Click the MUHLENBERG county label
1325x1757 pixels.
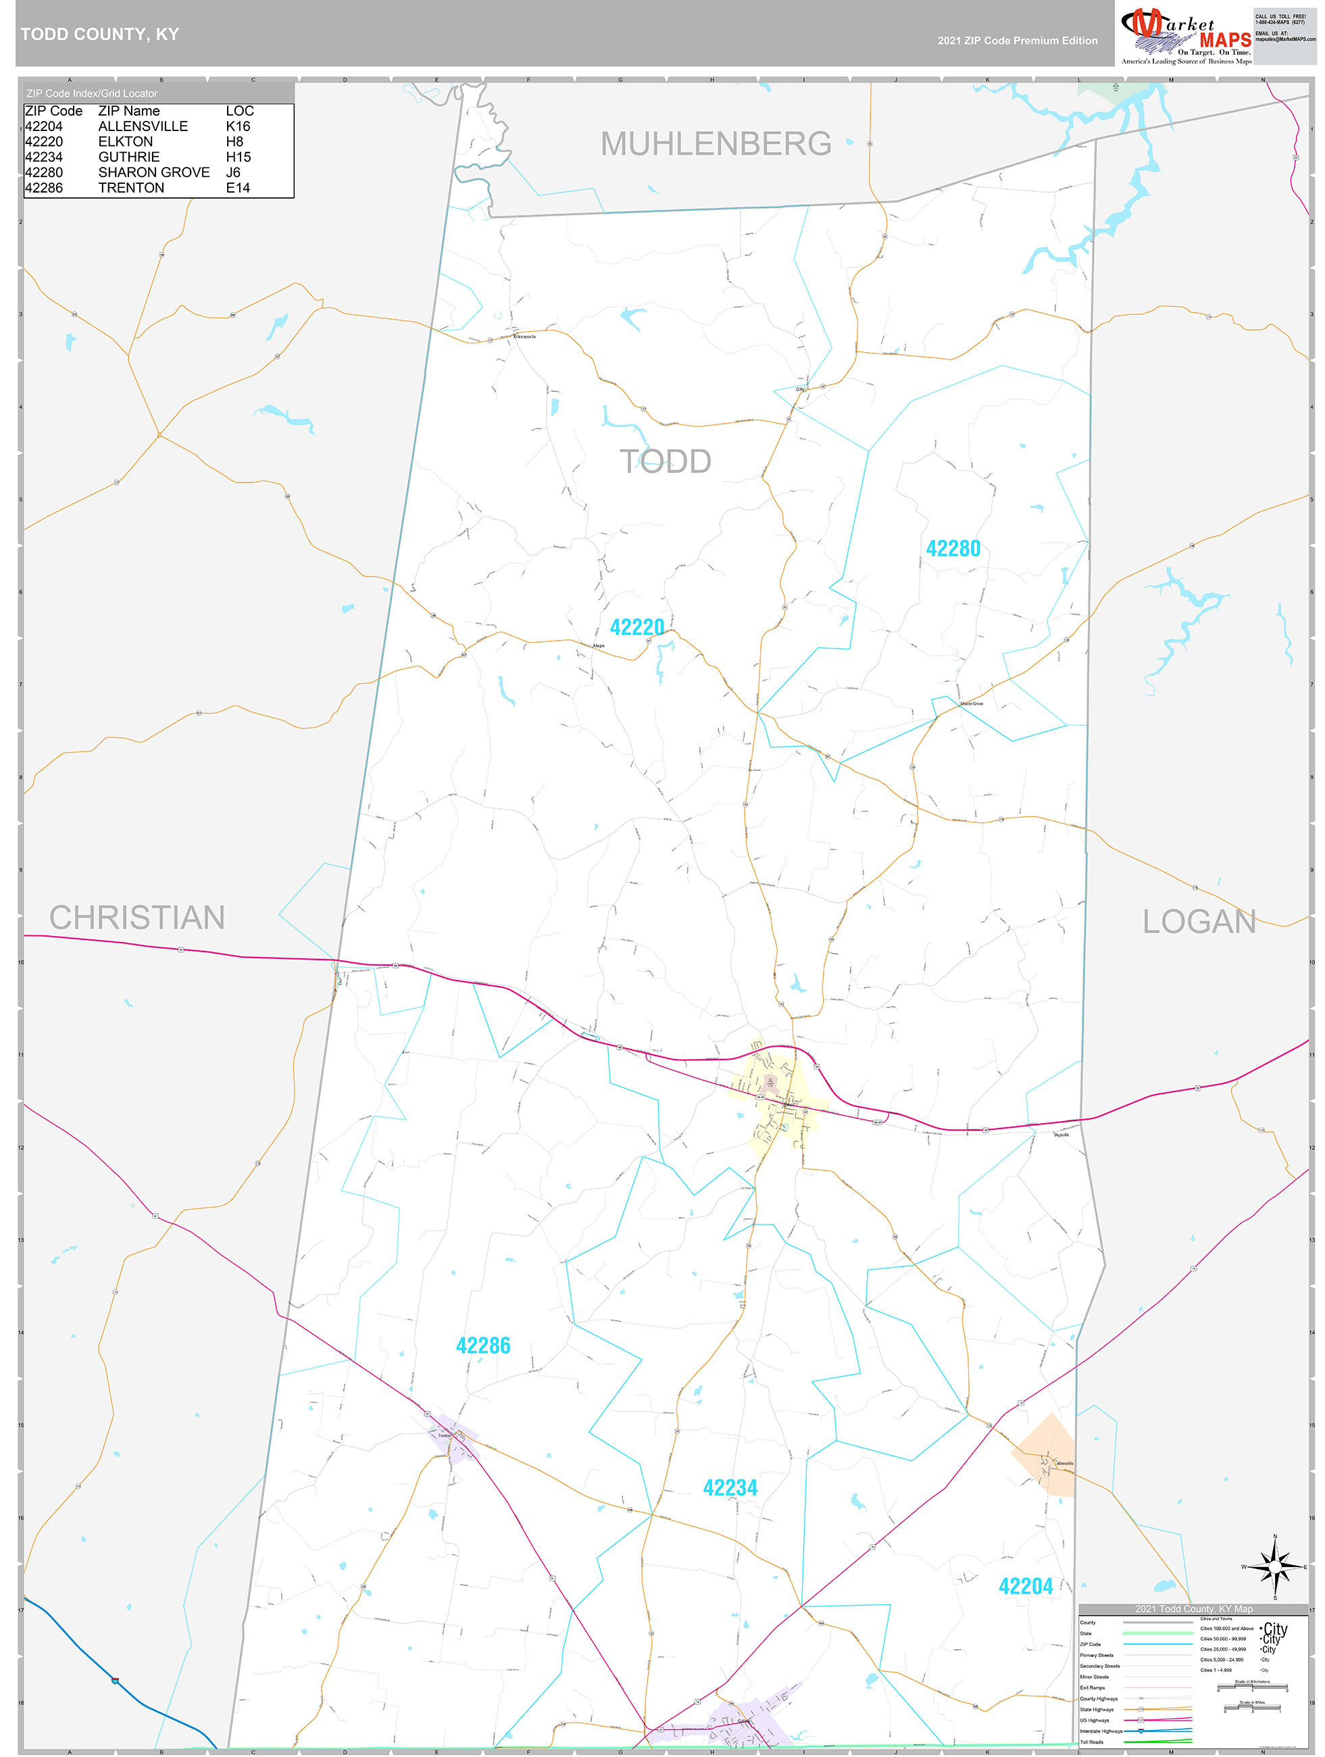point(716,144)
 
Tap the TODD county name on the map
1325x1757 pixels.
point(665,462)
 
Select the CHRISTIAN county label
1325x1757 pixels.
point(137,918)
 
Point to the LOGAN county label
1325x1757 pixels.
point(1199,921)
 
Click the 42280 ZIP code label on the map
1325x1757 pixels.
point(953,549)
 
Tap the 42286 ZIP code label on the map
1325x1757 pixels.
point(483,1345)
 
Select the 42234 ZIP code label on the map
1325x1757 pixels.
point(730,1488)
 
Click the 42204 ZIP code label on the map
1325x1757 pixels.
point(1025,1586)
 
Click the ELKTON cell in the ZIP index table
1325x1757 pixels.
point(126,141)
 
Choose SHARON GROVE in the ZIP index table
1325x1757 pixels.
point(153,172)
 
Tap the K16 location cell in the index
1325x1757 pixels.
point(238,126)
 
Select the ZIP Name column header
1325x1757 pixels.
point(128,112)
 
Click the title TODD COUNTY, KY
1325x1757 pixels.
point(100,34)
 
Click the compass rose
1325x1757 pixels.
point(1275,1567)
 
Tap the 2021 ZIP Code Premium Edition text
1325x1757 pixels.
point(1017,41)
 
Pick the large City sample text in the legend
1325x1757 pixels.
point(1274,1629)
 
